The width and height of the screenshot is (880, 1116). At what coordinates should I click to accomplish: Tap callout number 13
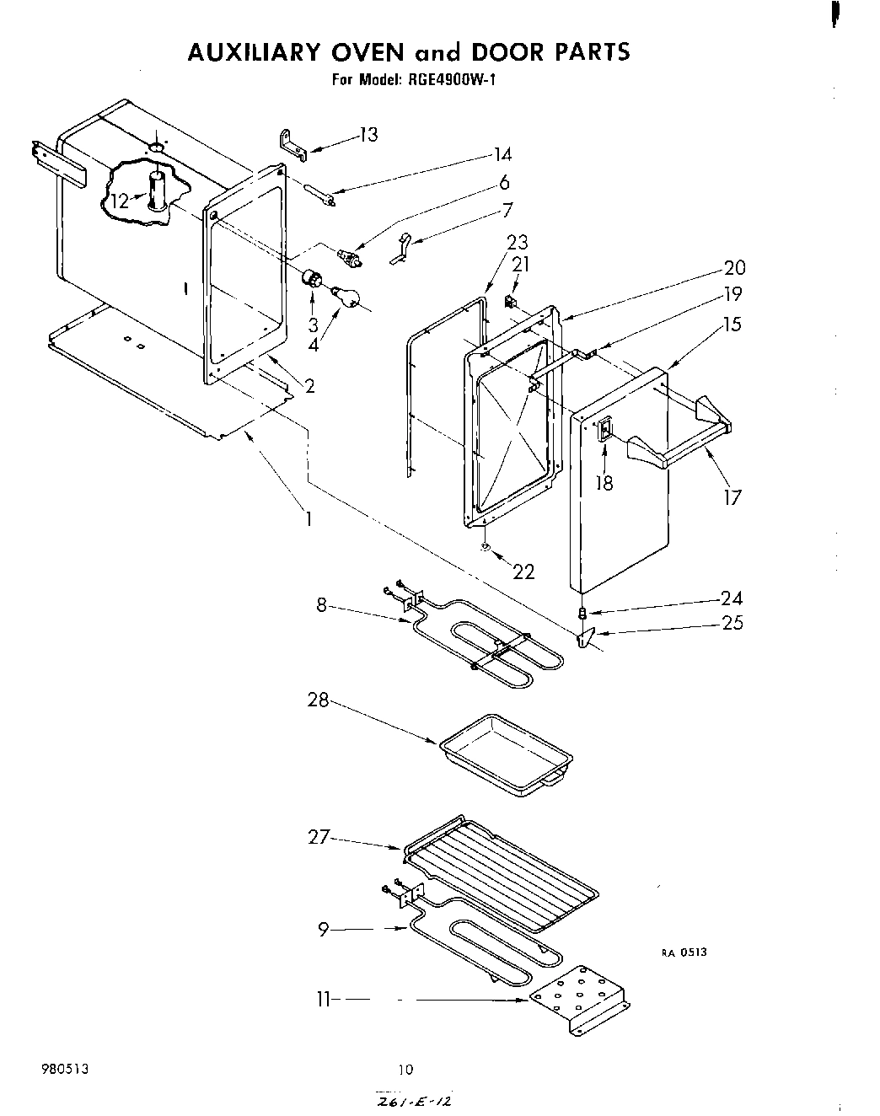click(368, 135)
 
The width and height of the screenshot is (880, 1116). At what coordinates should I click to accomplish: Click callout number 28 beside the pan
click(318, 700)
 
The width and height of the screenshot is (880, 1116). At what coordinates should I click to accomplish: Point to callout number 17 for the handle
click(732, 497)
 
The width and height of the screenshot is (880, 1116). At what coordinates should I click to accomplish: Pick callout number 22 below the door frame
click(523, 571)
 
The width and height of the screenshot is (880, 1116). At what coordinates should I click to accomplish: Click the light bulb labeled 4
click(347, 297)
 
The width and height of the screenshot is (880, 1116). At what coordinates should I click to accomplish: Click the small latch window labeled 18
click(604, 432)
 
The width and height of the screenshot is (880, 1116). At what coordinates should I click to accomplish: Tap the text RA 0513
click(683, 952)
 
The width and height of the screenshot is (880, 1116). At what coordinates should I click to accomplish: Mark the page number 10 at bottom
click(406, 1070)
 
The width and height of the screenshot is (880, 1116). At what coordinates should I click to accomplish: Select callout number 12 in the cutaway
click(120, 201)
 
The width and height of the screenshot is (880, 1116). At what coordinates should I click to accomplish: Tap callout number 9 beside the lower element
click(323, 930)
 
